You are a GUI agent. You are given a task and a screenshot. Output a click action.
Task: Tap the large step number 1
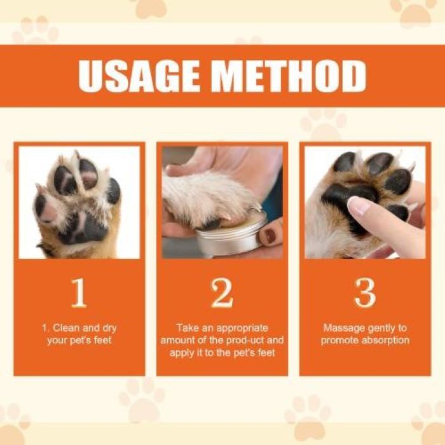click(79, 293)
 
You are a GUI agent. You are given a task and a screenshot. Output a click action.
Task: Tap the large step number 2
click(222, 293)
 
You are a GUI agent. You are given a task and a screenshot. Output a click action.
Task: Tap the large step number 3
click(365, 293)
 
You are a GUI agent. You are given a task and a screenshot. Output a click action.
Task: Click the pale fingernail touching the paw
click(359, 205)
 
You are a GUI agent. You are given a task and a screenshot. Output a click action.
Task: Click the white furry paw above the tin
click(203, 197)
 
